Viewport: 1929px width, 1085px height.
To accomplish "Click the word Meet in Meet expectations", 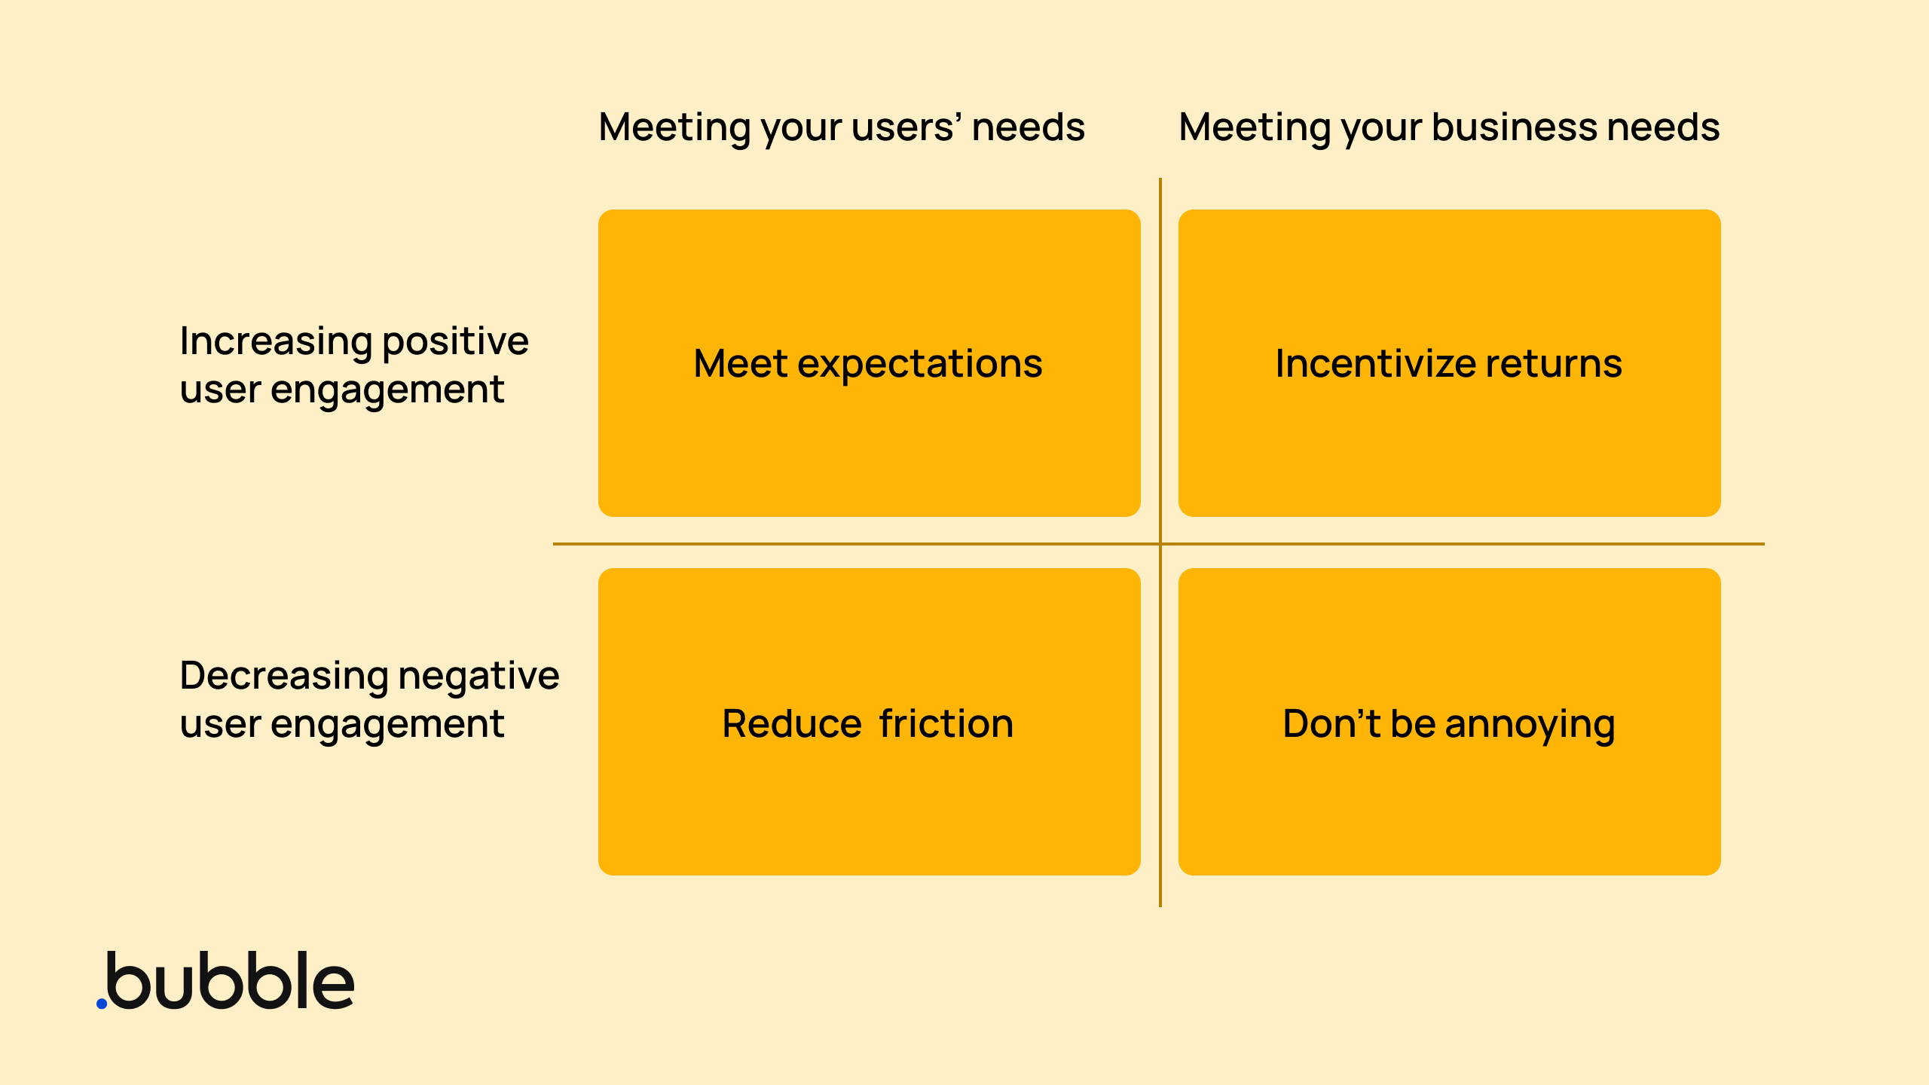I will pos(740,364).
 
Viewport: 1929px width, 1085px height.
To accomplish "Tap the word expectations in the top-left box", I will pos(920,365).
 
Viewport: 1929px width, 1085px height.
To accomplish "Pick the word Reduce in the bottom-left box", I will pos(791,724).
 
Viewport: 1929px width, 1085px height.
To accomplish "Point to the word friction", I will pos(946,724).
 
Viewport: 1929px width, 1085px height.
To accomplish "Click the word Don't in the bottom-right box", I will pos(1331,724).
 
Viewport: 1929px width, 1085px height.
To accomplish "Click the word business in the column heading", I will pos(1514,127).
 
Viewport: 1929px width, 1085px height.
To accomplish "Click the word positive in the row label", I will pos(455,342).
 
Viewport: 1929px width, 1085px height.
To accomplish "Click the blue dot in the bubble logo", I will pos(102,1003).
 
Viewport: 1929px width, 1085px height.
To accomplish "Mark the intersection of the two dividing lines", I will pos(1160,543).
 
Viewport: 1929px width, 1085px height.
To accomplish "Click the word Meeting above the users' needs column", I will pos(674,127).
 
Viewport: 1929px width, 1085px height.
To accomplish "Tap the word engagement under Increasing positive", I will pos(387,390).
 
